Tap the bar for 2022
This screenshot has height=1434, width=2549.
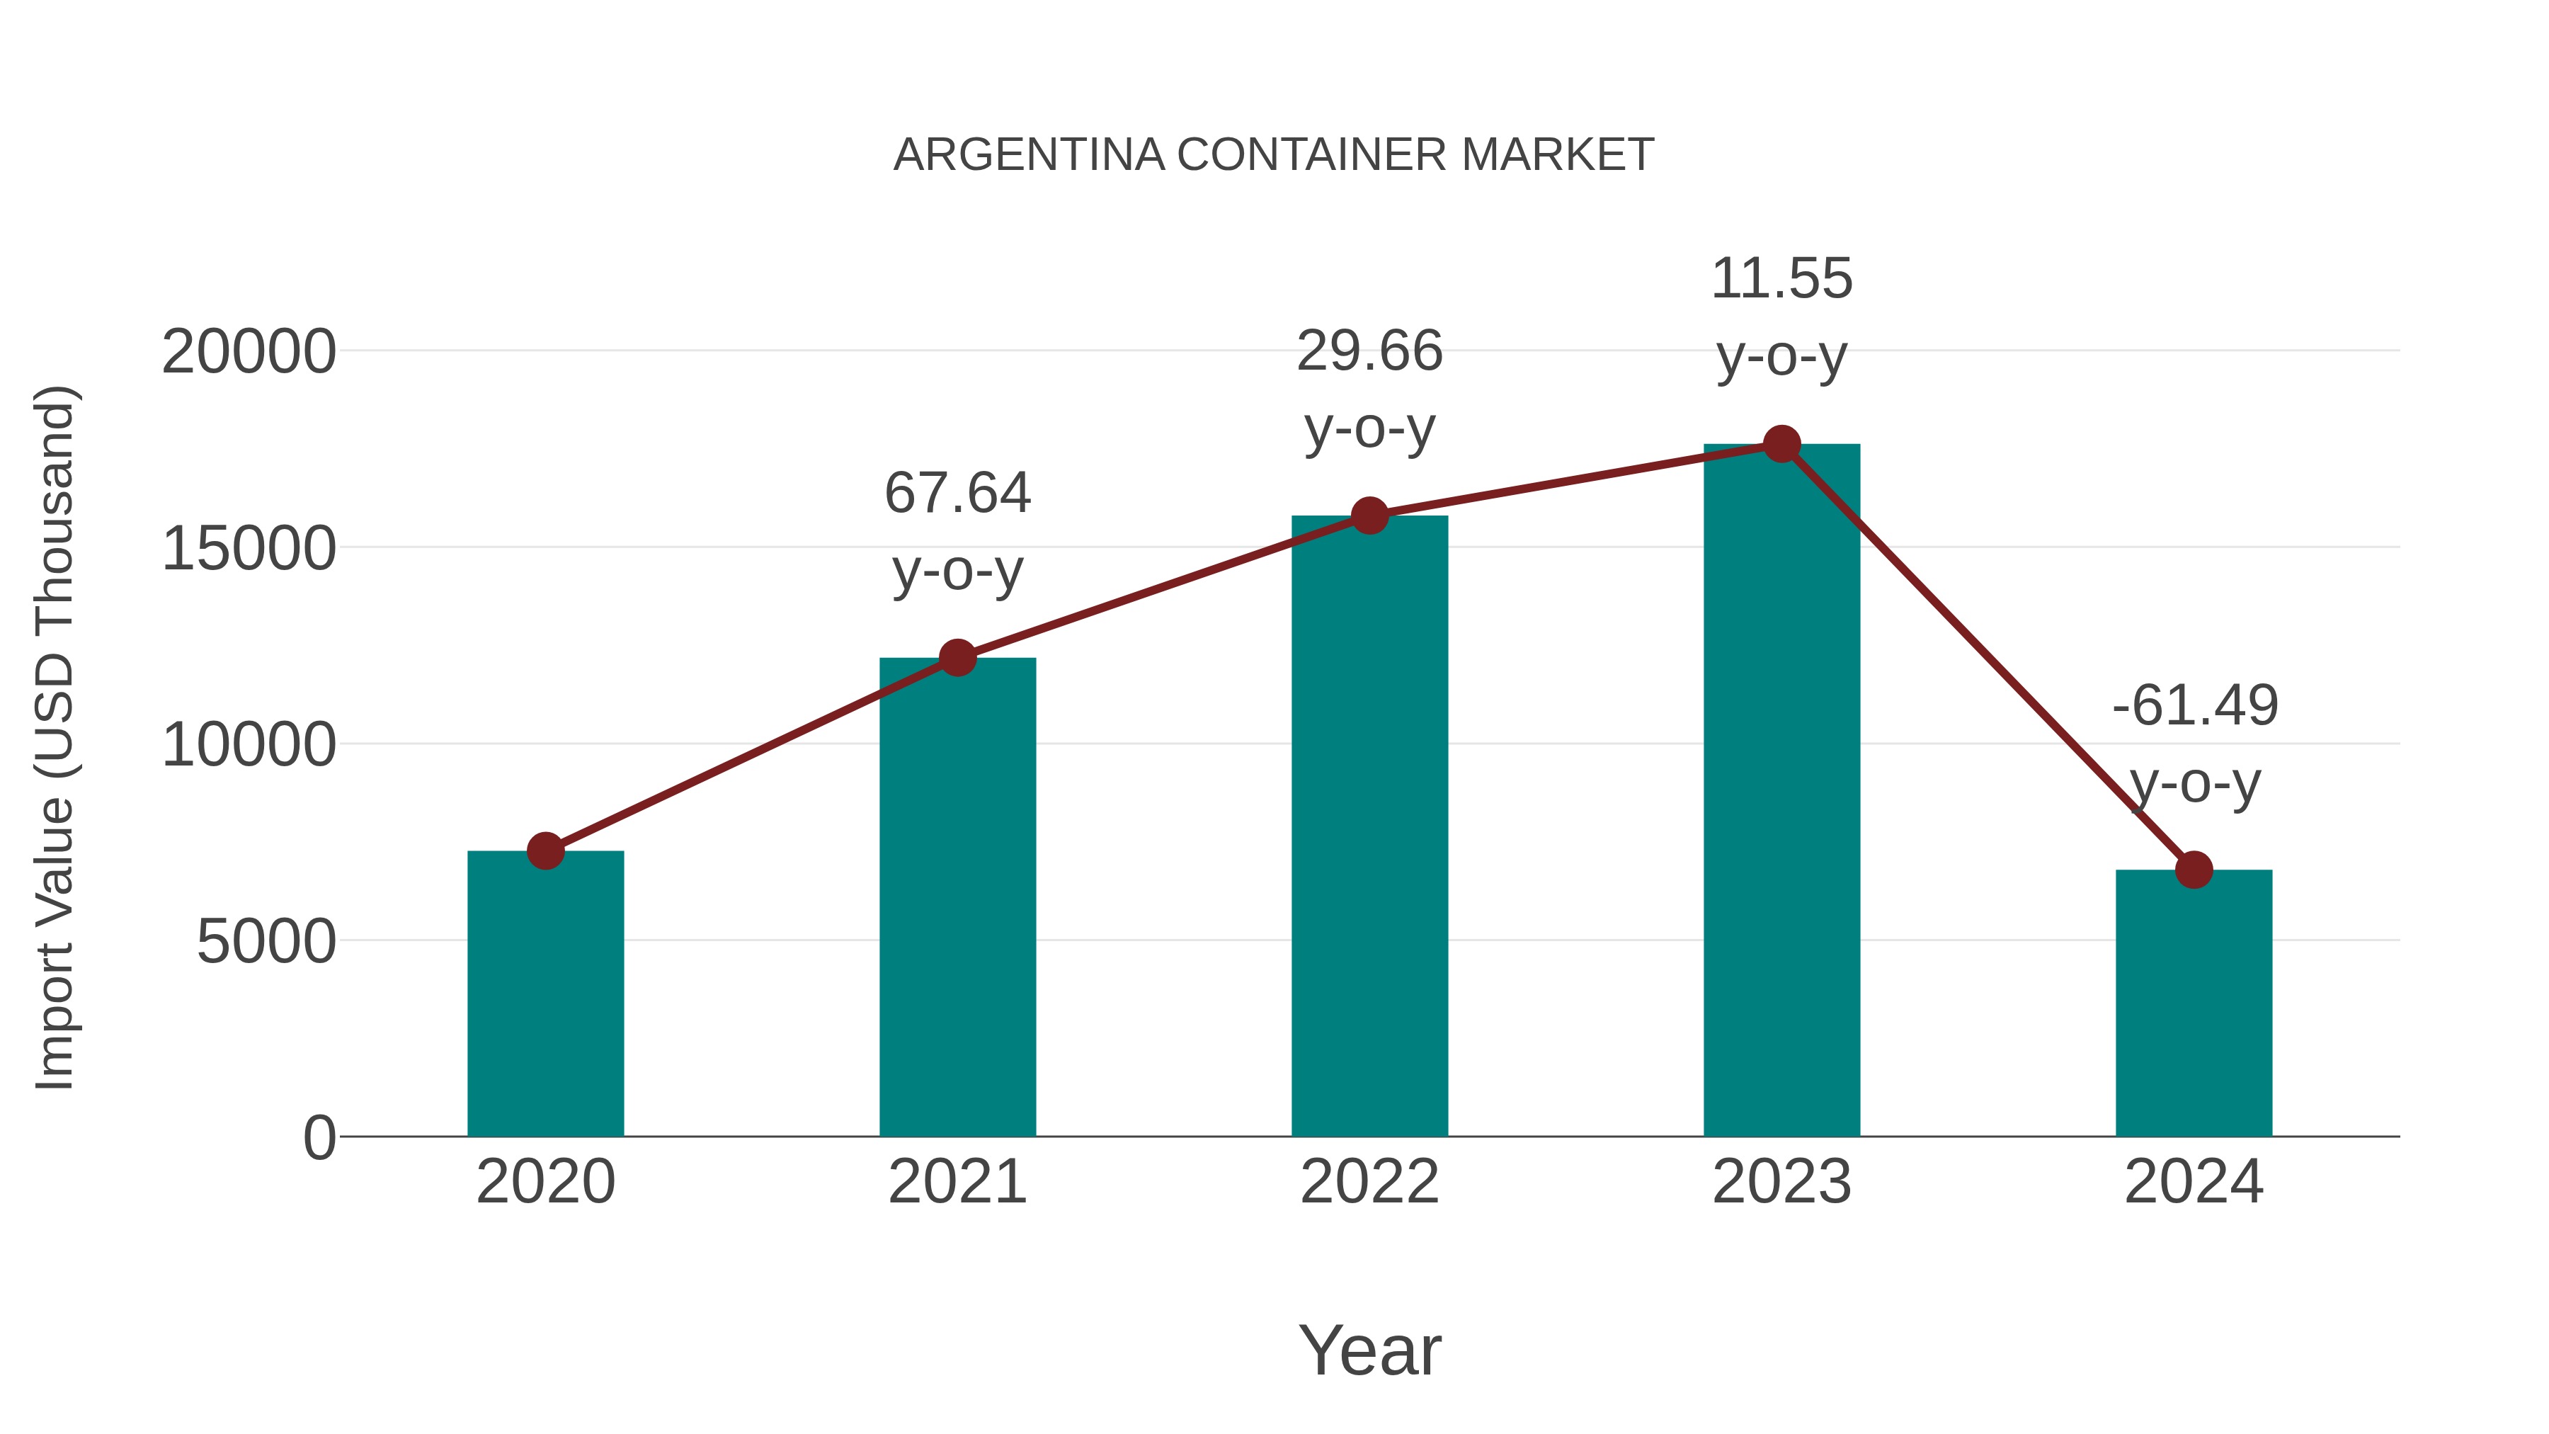(1369, 826)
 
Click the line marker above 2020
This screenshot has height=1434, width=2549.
(545, 850)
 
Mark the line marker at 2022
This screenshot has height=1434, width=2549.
(1369, 515)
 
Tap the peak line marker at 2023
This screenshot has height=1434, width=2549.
(1781, 444)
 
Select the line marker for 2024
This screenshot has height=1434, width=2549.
(2194, 870)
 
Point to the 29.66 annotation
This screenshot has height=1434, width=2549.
(1369, 351)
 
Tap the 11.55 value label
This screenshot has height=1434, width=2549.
(1781, 278)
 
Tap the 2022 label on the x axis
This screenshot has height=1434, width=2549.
(1369, 1182)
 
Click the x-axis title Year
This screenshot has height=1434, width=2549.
(1369, 1350)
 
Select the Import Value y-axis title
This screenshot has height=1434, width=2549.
(55, 737)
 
